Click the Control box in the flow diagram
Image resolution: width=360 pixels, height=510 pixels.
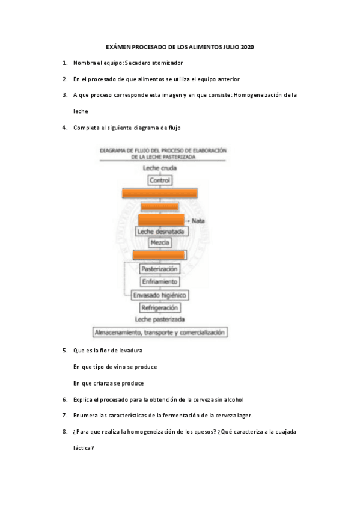[x=160, y=180]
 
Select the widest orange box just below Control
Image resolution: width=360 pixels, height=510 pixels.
[x=160, y=193]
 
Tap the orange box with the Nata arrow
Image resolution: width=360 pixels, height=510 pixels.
[x=160, y=220]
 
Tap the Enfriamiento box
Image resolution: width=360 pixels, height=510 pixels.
[x=160, y=282]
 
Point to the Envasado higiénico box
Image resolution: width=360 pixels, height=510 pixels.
[x=160, y=295]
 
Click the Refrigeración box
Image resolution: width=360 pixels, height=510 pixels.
[x=160, y=307]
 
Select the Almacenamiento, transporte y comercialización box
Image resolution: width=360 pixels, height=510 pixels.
[x=160, y=332]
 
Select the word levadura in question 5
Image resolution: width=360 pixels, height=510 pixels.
[x=130, y=350]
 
